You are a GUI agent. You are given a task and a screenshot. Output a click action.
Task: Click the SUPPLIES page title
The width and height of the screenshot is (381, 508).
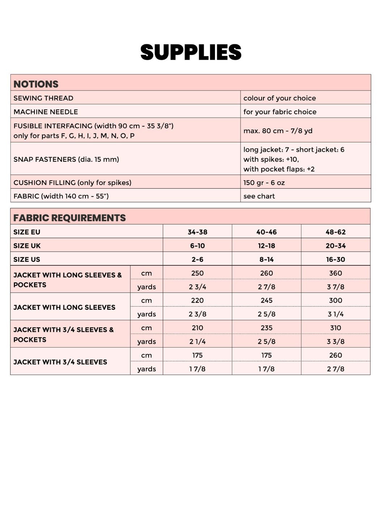[191, 52]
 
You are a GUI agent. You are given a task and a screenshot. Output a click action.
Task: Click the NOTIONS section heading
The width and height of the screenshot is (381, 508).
[36, 84]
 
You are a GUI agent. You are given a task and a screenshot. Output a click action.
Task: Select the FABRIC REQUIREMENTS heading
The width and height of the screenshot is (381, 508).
[69, 218]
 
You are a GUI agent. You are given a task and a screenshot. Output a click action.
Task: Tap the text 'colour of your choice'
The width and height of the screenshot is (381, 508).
[279, 98]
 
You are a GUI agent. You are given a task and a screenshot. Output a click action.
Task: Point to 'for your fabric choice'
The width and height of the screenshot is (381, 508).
[280, 112]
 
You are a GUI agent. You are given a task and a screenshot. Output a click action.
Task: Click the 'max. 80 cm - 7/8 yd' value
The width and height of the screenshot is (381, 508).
[278, 131]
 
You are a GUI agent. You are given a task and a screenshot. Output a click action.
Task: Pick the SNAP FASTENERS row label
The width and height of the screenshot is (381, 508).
[66, 159]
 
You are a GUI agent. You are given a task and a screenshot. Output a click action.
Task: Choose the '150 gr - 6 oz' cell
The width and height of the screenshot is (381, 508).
[264, 182]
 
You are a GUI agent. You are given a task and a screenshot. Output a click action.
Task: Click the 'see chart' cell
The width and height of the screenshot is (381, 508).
[259, 196]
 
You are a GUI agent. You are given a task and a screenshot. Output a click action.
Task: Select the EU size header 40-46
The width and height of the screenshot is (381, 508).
[266, 232]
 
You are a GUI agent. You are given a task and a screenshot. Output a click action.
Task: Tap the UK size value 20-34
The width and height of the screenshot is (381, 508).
[335, 246]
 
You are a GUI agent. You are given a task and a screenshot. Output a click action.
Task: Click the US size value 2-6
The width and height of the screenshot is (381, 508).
[197, 260]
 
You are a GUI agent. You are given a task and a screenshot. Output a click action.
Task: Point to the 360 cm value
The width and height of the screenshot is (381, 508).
[335, 273]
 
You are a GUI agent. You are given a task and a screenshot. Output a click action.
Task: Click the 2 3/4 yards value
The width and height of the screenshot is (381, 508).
[197, 287]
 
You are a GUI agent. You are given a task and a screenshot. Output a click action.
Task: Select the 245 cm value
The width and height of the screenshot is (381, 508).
[266, 301]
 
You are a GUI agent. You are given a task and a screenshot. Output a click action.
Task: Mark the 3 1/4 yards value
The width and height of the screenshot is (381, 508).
[335, 314]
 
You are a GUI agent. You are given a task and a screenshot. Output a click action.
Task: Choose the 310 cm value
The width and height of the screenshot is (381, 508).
[335, 328]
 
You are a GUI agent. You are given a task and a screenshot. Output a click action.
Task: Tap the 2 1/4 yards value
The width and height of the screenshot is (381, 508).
[197, 342]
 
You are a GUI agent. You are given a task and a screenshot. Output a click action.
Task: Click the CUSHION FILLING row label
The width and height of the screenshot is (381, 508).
[72, 182]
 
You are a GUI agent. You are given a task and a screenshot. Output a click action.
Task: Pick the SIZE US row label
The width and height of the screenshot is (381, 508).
[27, 260]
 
